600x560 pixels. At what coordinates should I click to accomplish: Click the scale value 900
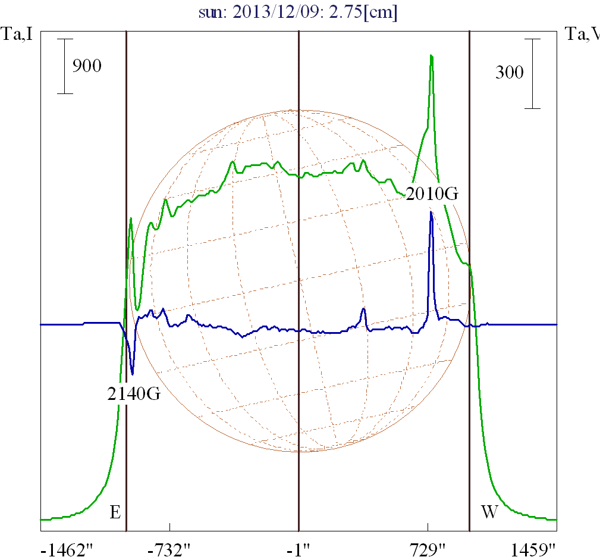point(87,65)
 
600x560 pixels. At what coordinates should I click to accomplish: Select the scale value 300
point(510,73)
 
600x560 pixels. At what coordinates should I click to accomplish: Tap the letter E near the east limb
point(115,512)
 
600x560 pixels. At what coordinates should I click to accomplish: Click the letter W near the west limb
point(489,512)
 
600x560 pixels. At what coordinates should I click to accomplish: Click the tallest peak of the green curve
point(431,56)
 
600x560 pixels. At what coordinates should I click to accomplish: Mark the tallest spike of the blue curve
point(431,212)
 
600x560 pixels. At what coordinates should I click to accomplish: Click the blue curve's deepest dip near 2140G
point(132,374)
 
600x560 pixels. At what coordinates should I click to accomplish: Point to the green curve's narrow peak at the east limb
point(131,219)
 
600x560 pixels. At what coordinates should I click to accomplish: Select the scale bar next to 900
point(65,66)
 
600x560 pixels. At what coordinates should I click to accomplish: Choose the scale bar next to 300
point(532,74)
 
